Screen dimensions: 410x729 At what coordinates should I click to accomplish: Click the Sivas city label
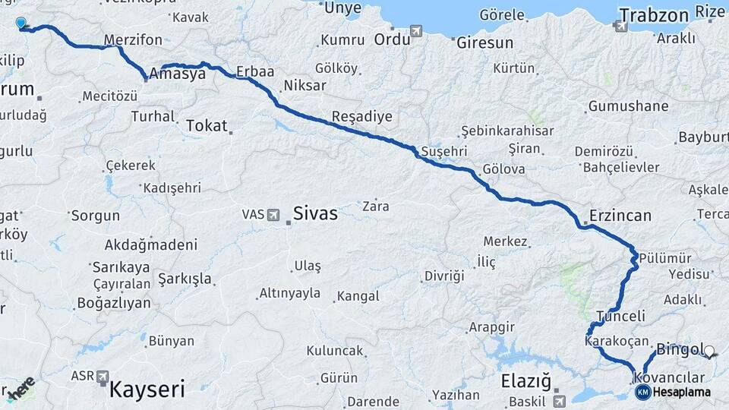pyautogui.click(x=315, y=213)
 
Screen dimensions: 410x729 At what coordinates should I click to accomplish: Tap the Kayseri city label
pyautogui.click(x=147, y=389)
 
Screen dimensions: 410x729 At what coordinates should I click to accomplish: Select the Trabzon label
pyautogui.click(x=653, y=15)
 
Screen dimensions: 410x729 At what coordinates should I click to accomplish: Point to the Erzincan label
pyautogui.click(x=620, y=216)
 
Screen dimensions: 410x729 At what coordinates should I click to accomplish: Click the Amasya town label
pyautogui.click(x=178, y=74)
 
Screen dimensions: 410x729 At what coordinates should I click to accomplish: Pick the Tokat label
pyautogui.click(x=206, y=126)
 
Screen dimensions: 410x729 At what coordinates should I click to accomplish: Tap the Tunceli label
pyautogui.click(x=620, y=316)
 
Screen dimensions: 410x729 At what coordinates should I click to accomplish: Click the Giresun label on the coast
pyautogui.click(x=484, y=43)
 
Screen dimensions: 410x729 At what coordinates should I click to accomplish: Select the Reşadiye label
pyautogui.click(x=361, y=116)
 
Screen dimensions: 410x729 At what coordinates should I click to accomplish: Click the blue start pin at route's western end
pyautogui.click(x=21, y=24)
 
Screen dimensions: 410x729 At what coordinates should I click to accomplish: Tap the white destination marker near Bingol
pyautogui.click(x=709, y=352)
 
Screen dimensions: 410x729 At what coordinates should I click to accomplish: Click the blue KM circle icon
pyautogui.click(x=642, y=392)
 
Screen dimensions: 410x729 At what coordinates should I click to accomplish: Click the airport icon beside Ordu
pyautogui.click(x=416, y=30)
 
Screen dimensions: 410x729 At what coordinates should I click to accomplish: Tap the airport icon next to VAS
pyautogui.click(x=273, y=215)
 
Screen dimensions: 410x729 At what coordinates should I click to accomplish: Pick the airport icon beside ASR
pyautogui.click(x=102, y=376)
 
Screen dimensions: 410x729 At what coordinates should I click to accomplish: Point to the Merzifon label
pyautogui.click(x=133, y=39)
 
